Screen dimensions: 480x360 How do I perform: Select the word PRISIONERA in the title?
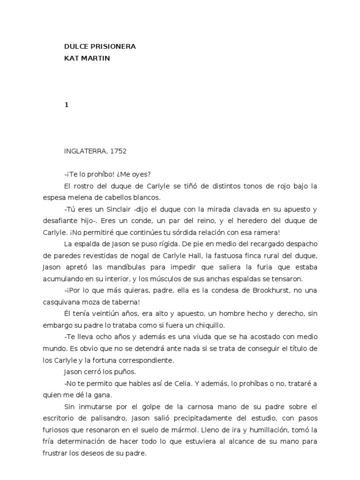(x=112, y=46)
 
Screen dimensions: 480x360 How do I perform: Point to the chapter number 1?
(x=67, y=105)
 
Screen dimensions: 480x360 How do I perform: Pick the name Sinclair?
(x=115, y=209)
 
